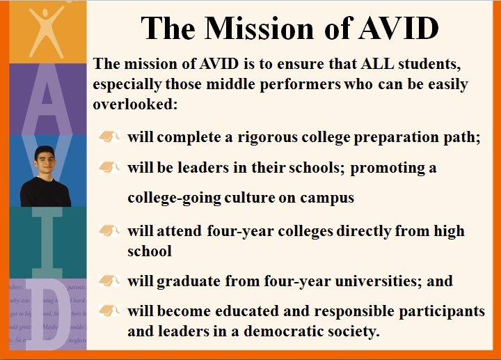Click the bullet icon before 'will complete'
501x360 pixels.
click(110, 136)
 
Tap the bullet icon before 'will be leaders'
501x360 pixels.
click(110, 168)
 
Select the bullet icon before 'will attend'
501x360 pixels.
click(110, 230)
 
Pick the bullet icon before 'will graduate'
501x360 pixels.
click(110, 281)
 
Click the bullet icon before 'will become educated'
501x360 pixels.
click(110, 311)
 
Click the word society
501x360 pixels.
click(351, 331)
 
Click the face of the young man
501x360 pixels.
click(45, 162)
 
